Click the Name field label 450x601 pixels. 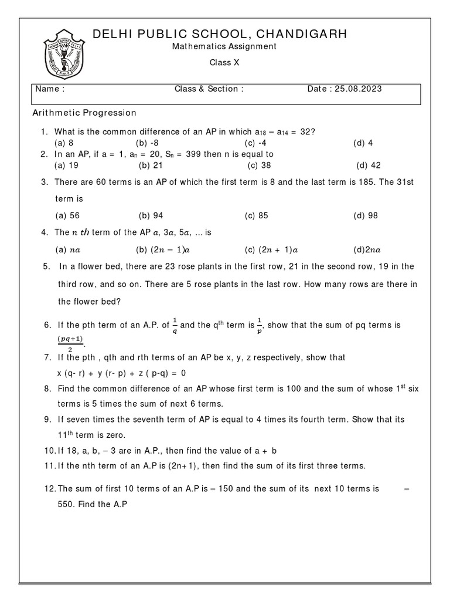50,89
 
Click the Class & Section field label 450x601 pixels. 209,89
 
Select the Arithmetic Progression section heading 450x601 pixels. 84,113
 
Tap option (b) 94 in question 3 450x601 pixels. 151,215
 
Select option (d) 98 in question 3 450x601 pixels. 366,215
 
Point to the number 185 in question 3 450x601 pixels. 364,182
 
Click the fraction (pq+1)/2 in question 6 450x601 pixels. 69,342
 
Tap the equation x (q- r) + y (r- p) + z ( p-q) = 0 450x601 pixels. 121,373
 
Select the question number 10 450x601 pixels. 49,451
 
